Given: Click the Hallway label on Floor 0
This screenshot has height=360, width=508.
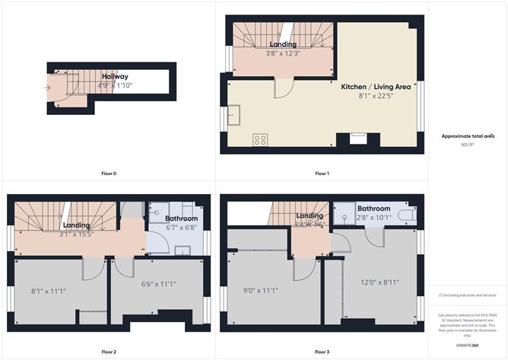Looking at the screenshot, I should click(x=116, y=76).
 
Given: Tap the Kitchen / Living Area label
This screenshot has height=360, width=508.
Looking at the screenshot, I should click(x=376, y=88).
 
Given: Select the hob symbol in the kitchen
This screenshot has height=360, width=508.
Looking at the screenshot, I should click(x=260, y=139).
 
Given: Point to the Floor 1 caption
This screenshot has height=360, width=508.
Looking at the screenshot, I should click(x=322, y=174).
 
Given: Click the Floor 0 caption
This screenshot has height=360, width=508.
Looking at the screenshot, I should click(x=109, y=174).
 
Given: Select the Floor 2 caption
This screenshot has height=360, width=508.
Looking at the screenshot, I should click(x=109, y=352).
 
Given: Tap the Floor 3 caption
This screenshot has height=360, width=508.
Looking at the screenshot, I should click(x=322, y=352).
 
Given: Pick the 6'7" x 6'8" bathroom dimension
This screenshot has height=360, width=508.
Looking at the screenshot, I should click(x=182, y=227).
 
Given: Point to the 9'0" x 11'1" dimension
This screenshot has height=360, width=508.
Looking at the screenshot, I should click(x=260, y=290).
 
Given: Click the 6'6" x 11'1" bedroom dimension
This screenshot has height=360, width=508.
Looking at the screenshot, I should click(x=158, y=284).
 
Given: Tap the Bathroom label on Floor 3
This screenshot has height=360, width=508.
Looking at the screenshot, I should click(x=373, y=209).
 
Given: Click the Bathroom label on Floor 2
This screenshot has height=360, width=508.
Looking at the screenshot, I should click(x=182, y=218).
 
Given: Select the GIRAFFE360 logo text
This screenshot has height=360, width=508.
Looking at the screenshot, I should click(x=468, y=345).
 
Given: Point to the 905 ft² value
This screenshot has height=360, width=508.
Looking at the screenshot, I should click(x=468, y=144).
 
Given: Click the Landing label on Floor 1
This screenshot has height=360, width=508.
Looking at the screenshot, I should click(x=283, y=44).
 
